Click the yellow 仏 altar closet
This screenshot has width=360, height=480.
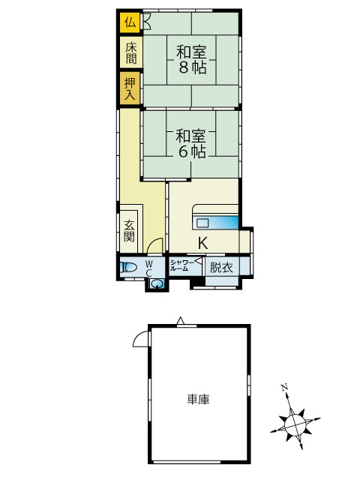[130, 22]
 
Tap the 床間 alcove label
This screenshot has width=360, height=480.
[130, 53]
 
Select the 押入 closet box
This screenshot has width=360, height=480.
[130, 88]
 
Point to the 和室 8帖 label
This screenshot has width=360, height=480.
[192, 60]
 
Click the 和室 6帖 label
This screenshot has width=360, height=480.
[191, 144]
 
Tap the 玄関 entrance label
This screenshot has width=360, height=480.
[129, 232]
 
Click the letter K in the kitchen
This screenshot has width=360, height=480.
[203, 243]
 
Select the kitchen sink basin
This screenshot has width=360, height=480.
[202, 223]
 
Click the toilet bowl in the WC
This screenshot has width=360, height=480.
[128, 268]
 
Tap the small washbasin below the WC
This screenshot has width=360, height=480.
[157, 284]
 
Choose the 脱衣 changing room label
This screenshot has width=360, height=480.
[221, 268]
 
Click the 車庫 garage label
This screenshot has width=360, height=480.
[198, 400]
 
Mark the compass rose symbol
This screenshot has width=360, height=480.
[295, 424]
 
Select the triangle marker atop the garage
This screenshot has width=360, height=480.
[181, 320]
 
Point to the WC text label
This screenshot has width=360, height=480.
[149, 268]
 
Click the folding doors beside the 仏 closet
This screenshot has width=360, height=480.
[147, 22]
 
